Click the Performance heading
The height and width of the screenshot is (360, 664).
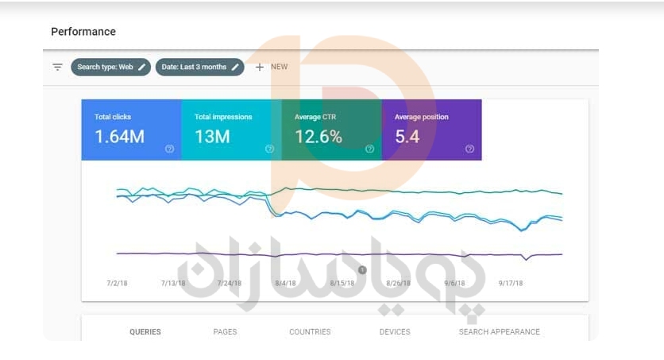point(83,32)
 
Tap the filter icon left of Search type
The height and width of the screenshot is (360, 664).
point(57,68)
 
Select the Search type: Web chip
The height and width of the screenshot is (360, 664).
point(110,68)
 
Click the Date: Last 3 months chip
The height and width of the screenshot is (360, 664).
point(199,68)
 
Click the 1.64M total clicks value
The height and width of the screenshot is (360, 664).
point(120,137)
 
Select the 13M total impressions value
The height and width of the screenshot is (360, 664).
point(212,137)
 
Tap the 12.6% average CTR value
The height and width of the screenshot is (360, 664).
point(318,137)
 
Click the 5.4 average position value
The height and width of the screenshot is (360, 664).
point(407,137)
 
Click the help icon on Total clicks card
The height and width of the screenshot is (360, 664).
point(169,149)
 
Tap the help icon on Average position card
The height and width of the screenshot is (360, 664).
point(469,149)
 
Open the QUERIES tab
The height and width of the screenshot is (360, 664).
point(145,332)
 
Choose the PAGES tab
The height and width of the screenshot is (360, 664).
point(225,332)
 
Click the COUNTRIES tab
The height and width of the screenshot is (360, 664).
point(310,332)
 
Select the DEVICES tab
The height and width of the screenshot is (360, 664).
point(395,332)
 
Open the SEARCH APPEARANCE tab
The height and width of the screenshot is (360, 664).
point(499,332)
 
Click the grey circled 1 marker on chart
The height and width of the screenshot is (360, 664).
point(362,270)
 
